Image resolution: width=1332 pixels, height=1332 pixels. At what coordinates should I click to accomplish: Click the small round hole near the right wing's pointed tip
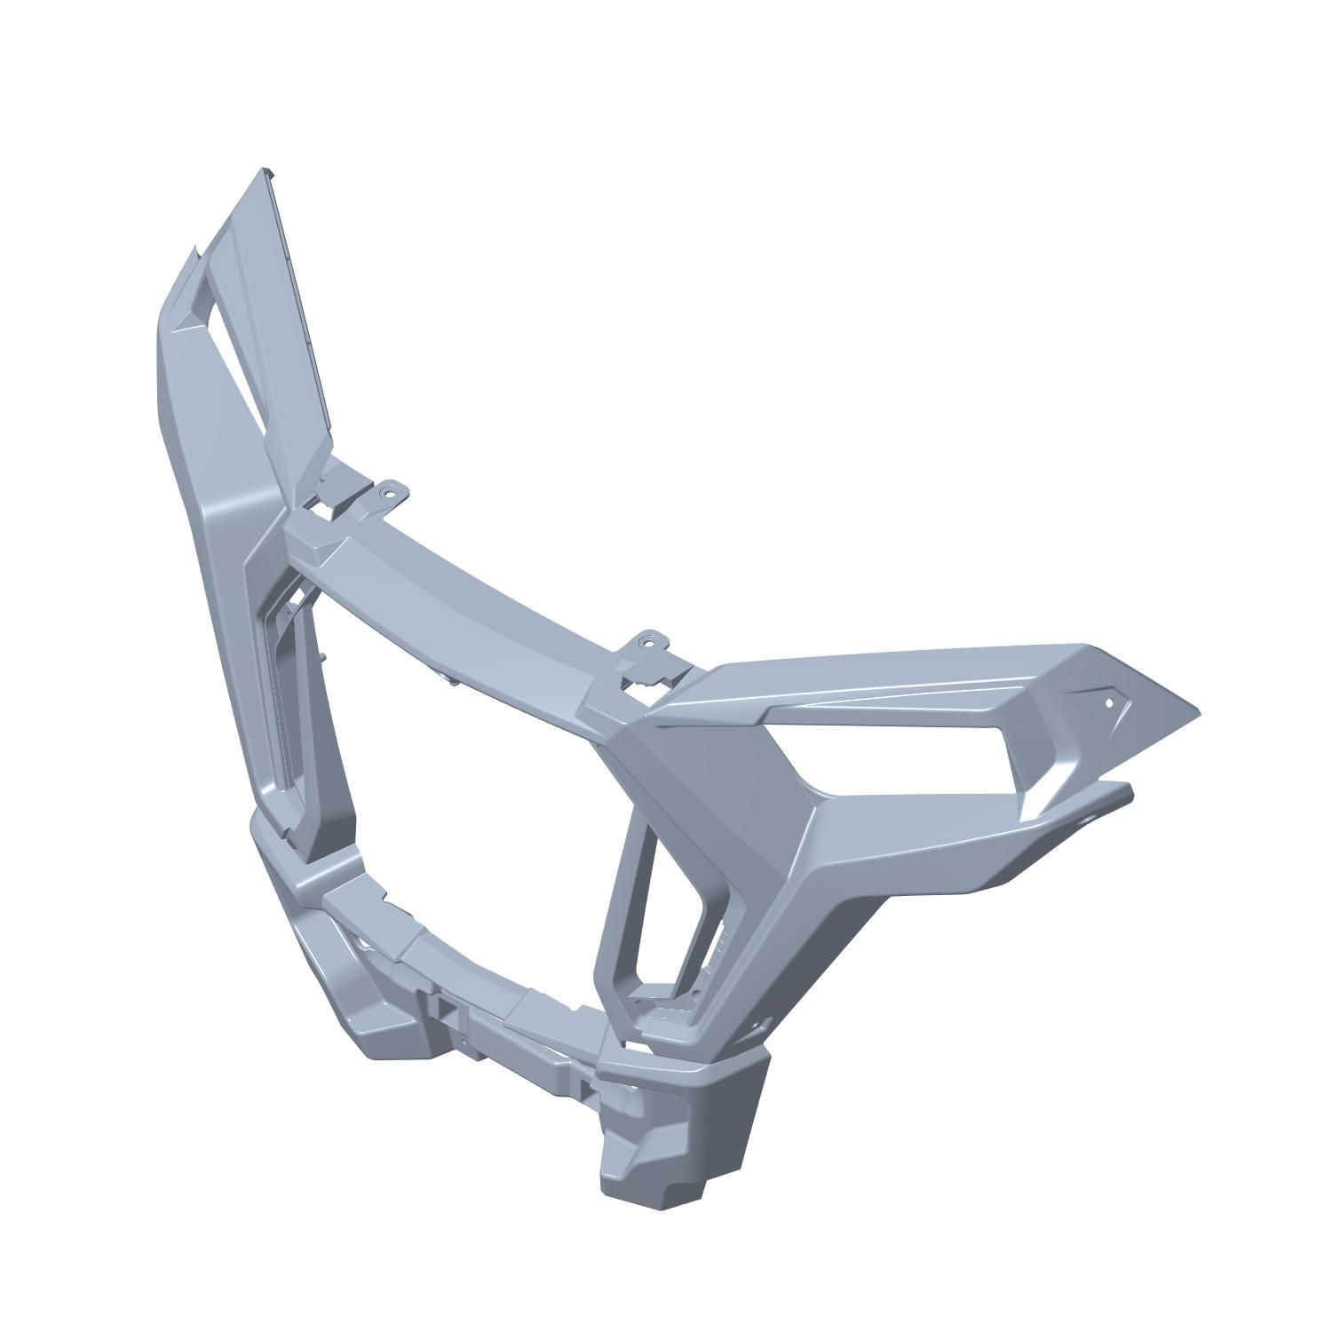click(1108, 702)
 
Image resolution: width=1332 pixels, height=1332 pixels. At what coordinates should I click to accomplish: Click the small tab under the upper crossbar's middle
click(444, 678)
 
